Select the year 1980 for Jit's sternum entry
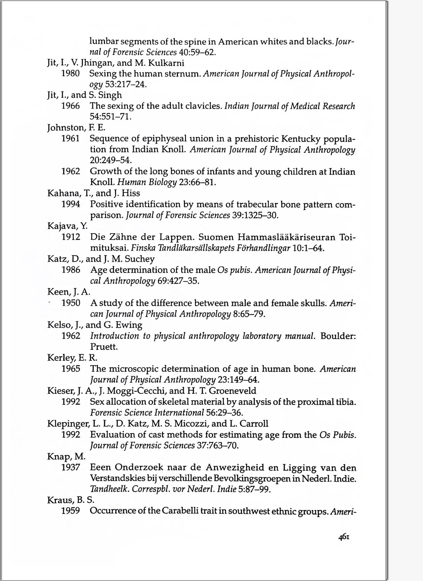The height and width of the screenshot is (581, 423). coord(70,73)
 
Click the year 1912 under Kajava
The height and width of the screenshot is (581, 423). coord(71,237)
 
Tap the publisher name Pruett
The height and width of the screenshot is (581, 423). coord(104,347)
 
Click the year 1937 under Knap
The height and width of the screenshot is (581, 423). coord(70,467)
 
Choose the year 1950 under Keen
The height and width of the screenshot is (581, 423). coord(71,303)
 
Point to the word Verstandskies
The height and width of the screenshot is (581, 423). coord(117,478)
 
